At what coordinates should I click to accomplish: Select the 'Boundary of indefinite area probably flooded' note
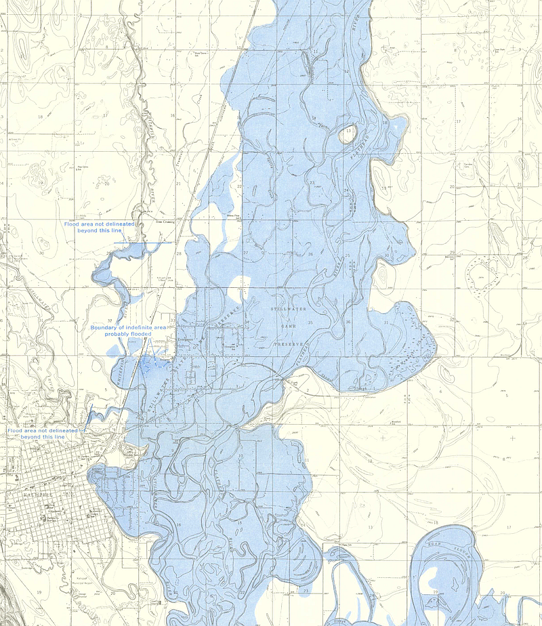[128, 331]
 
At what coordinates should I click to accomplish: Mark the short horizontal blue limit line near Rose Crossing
[143, 243]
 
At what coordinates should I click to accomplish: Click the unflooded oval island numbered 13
[348, 133]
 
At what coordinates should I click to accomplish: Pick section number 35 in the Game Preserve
[310, 322]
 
